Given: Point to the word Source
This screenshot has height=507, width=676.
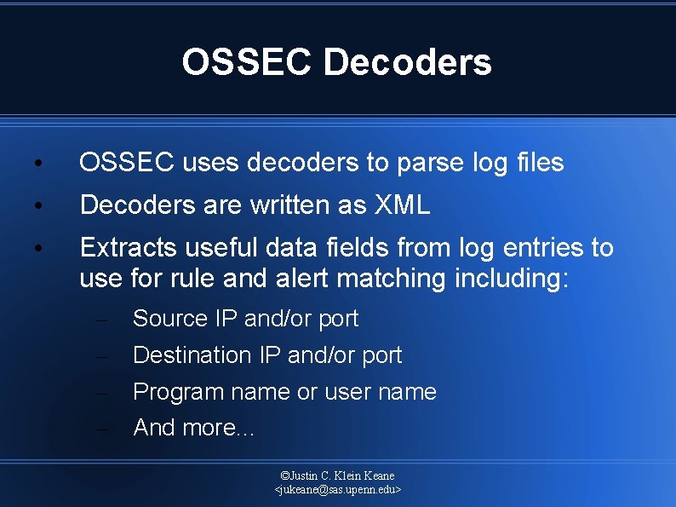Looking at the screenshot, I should (x=170, y=319).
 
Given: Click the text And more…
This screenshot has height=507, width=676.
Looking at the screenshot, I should (x=193, y=428).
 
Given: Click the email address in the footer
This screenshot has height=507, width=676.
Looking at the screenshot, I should (x=338, y=490).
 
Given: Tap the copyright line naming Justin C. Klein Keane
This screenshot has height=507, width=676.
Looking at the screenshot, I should (x=338, y=475).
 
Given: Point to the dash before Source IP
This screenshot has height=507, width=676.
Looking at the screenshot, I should (x=101, y=320).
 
